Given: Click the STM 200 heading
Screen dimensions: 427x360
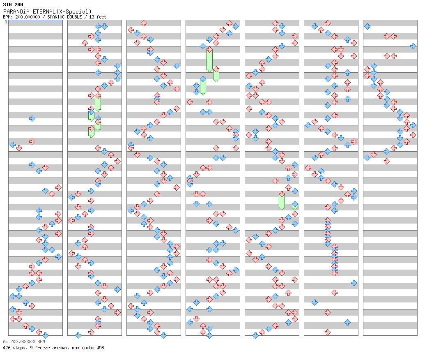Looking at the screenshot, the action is [13, 5].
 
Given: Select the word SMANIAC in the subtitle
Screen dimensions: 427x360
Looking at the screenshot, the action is [55, 17].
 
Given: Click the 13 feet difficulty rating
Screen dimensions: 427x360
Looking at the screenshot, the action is [98, 17].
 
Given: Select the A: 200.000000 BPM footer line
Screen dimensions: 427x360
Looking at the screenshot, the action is [24, 342].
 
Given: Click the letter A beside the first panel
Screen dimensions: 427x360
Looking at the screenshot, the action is [6, 22].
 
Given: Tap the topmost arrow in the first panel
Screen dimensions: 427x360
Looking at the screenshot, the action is [32, 118].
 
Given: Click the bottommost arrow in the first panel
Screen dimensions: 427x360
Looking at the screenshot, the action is [46, 335].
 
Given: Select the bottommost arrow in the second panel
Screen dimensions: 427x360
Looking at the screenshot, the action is [78, 335].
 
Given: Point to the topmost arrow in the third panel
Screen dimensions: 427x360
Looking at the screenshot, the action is [144, 23].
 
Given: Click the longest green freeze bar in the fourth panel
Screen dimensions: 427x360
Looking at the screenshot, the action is [209, 60].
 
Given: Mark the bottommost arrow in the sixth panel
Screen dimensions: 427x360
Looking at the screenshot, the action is [328, 332].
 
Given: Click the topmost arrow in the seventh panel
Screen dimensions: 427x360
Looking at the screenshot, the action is [367, 26].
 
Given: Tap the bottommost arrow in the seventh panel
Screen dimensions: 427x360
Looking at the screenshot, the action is [387, 162].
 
